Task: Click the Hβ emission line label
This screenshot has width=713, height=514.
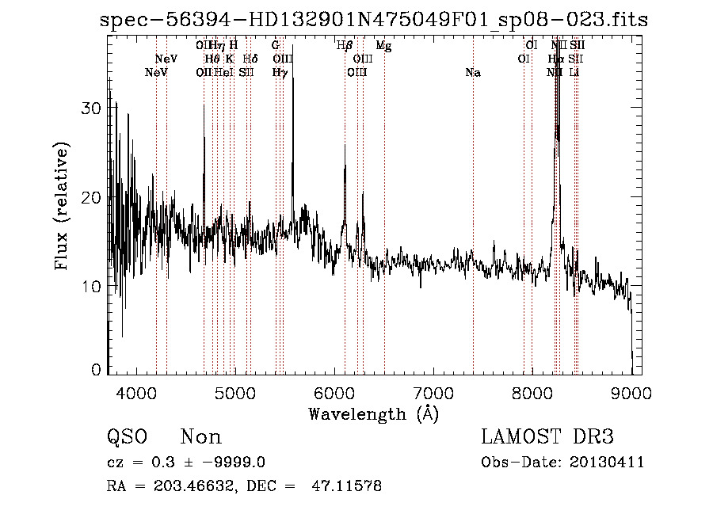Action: point(344,46)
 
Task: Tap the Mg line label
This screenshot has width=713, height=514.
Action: point(383,46)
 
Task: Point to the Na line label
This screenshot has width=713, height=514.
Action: point(473,73)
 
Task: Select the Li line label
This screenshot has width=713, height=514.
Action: point(575,73)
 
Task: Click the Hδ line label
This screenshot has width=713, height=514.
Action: point(250,59)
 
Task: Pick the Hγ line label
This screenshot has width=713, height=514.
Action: point(280,73)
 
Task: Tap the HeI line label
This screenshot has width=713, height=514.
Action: point(223,73)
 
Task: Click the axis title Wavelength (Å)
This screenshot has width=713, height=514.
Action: point(373,413)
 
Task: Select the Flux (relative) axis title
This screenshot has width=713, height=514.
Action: point(62,205)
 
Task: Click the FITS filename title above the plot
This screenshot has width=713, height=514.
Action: point(374,21)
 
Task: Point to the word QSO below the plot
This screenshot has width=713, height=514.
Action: point(127,437)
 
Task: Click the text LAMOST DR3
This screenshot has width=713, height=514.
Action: point(547,437)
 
